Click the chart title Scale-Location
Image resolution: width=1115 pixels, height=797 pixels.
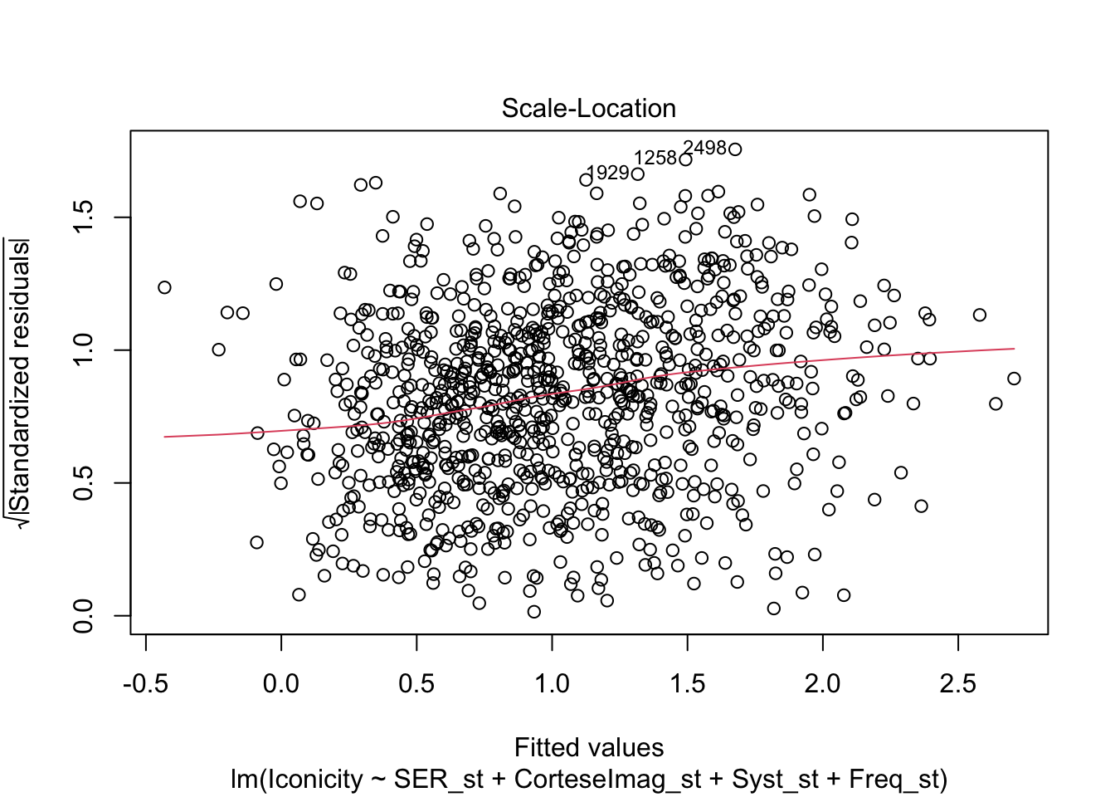[588, 109]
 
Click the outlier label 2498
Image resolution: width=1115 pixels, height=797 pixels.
[704, 148]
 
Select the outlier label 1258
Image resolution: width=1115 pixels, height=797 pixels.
[655, 159]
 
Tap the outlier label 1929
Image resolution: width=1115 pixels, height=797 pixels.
[607, 173]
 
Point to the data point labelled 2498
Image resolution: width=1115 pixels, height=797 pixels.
[734, 149]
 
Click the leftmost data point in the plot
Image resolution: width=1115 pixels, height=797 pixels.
[164, 287]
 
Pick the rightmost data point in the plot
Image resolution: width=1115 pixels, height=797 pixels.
[1014, 379]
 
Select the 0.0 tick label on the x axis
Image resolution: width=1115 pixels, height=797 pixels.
[281, 685]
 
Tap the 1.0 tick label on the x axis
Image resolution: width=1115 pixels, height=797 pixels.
[552, 685]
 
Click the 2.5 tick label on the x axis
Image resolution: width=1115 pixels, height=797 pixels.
[958, 685]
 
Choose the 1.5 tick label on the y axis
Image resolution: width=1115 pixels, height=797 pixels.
[84, 218]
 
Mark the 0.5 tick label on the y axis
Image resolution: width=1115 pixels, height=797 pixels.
[84, 482]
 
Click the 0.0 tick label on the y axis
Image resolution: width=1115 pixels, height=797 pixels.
[84, 615]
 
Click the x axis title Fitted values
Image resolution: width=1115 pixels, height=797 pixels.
[589, 748]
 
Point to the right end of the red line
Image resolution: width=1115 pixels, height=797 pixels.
[1014, 349]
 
